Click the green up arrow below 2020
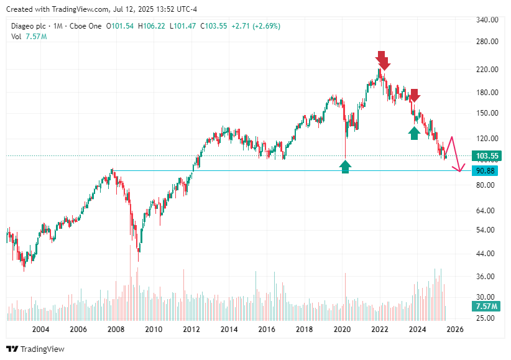click(345, 166)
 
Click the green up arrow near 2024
click(414, 133)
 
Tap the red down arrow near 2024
click(414, 96)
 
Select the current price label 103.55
click(487, 156)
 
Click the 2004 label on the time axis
click(40, 330)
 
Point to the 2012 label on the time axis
click(191, 330)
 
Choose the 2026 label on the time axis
click(454, 330)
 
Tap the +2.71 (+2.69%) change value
click(255, 26)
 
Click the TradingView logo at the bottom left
click(35, 349)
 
